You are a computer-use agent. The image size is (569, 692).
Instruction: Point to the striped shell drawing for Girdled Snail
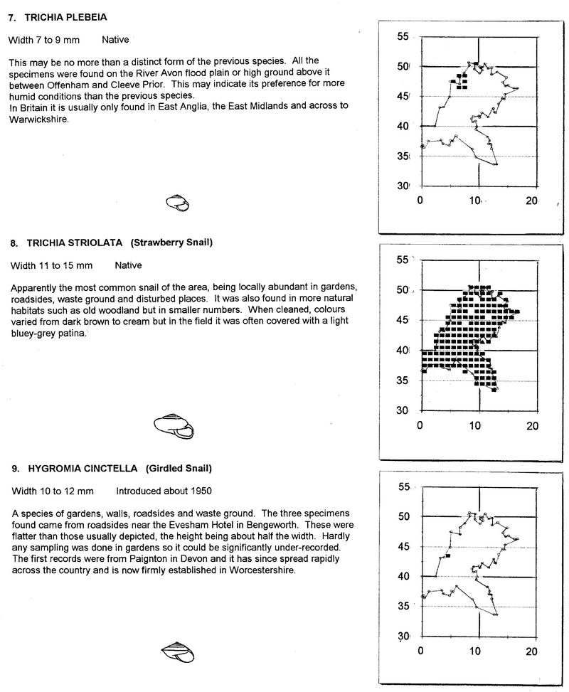pyautogui.click(x=177, y=651)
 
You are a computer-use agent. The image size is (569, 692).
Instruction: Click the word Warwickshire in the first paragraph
pyautogui.click(x=38, y=119)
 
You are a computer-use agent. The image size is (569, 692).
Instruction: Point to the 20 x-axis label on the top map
pyautogui.click(x=531, y=201)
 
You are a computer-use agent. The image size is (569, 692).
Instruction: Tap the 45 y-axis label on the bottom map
pyautogui.click(x=405, y=546)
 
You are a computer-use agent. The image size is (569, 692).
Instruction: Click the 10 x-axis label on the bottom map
pyautogui.click(x=477, y=651)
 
